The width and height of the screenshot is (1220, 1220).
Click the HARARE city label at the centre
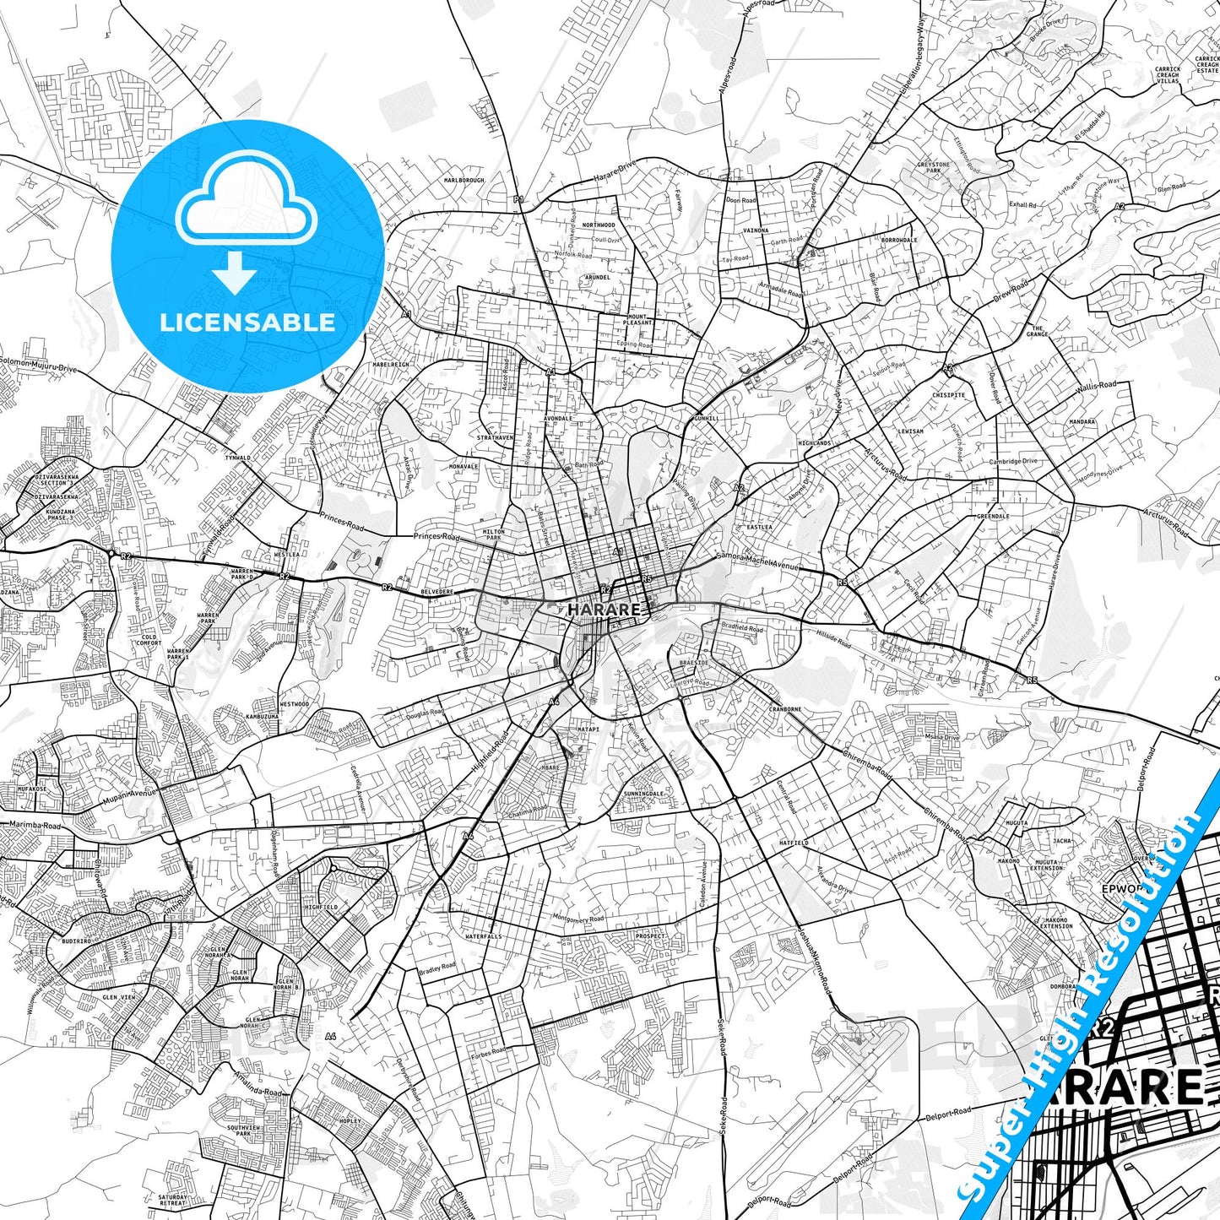604,609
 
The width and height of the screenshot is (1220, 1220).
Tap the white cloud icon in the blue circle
247,207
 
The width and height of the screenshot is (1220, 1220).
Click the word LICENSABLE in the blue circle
247,323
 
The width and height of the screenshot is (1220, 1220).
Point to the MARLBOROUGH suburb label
464,181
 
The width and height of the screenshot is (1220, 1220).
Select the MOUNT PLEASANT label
637,320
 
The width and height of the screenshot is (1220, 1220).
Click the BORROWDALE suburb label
899,241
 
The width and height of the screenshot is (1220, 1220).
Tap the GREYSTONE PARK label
934,168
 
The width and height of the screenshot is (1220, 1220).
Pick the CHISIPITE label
949,395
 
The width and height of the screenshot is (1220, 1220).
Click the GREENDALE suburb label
993,517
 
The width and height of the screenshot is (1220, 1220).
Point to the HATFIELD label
794,843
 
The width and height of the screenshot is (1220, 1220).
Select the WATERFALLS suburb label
483,936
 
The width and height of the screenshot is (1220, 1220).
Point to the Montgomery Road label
578,918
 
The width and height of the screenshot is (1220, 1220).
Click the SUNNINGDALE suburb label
644,794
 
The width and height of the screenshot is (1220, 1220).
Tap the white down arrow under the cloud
235,273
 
